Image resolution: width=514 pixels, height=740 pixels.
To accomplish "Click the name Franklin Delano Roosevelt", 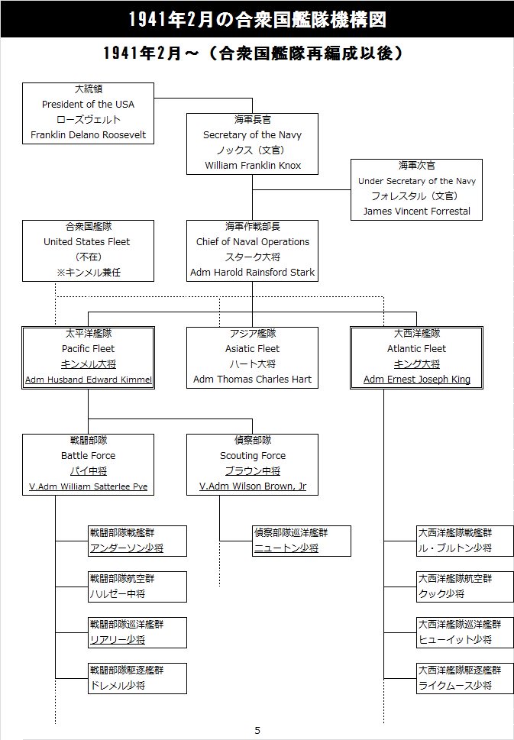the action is [x=89, y=135].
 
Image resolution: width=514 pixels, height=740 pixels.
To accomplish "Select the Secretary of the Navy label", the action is [x=252, y=135].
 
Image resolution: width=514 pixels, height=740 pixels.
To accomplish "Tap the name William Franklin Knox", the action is [x=253, y=166].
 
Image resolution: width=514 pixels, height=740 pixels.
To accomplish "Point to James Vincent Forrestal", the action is [x=416, y=212].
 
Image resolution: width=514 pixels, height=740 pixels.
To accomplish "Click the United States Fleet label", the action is [x=87, y=242].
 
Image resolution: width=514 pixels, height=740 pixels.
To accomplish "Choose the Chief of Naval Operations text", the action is [x=253, y=242].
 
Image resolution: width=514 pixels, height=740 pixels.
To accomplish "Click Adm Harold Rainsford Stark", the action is [x=253, y=273].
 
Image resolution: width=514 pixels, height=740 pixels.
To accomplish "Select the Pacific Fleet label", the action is [x=89, y=349].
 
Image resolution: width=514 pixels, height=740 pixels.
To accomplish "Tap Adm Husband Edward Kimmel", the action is [x=89, y=380].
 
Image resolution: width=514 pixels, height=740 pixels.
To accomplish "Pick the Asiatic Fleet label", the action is [x=253, y=349].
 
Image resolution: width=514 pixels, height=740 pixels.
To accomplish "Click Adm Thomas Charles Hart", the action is [x=253, y=380].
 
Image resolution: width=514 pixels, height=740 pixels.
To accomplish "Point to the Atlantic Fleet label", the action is [x=416, y=349].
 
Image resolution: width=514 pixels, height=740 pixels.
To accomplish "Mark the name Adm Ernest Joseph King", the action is [x=417, y=380].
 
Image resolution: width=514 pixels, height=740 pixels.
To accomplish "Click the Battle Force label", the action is [x=89, y=456].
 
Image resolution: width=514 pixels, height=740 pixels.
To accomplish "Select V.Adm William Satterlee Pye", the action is [x=89, y=486].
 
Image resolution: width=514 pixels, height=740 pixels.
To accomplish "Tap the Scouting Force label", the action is [x=253, y=456].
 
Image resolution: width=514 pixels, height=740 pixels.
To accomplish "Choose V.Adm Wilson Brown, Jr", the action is [x=253, y=486].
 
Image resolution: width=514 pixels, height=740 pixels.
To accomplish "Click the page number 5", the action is [x=257, y=731].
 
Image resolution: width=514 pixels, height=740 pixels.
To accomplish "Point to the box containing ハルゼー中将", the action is [x=137, y=587].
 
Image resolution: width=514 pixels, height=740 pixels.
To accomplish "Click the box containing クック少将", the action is [x=465, y=587].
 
